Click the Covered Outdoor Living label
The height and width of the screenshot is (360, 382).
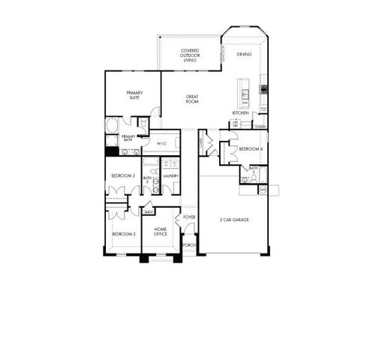click(x=189, y=54)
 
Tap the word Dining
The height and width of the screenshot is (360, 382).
click(x=244, y=55)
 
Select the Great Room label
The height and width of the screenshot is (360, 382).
click(x=192, y=98)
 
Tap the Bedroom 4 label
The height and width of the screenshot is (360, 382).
click(x=249, y=149)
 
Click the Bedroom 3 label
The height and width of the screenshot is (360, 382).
click(x=123, y=175)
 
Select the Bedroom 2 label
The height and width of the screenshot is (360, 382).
click(x=123, y=234)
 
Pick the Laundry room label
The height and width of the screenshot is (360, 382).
click(x=170, y=176)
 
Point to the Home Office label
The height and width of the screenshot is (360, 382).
click(x=161, y=232)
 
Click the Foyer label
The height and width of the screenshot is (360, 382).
click(x=189, y=217)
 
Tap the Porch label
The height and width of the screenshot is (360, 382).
click(x=189, y=244)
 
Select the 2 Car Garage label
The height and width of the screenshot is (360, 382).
click(x=233, y=220)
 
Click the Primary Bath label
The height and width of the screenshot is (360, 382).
click(x=128, y=138)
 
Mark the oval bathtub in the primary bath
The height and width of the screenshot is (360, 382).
click(x=112, y=125)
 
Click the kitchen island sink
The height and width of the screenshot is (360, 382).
click(x=245, y=94)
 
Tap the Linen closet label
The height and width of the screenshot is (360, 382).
click(x=149, y=212)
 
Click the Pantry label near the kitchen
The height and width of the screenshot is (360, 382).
click(x=260, y=127)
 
